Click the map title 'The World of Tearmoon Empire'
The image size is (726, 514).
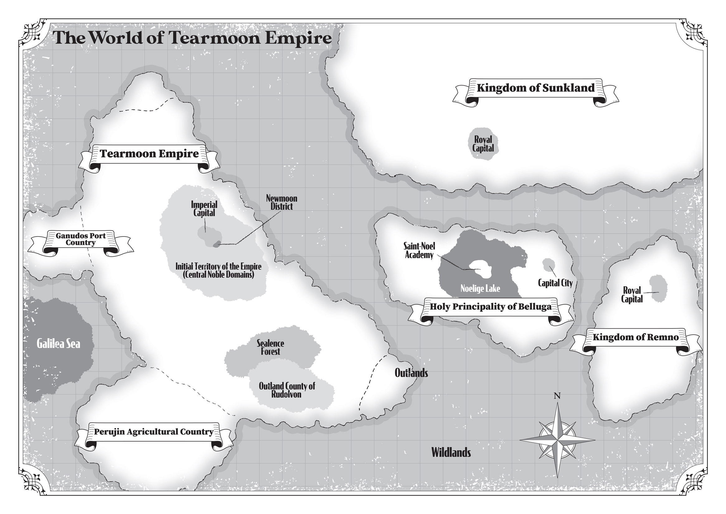pyautogui.click(x=192, y=38)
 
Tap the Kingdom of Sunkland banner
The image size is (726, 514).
pyautogui.click(x=535, y=88)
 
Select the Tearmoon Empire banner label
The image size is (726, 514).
pyautogui.click(x=149, y=154)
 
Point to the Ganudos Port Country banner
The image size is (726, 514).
pyautogui.click(x=81, y=239)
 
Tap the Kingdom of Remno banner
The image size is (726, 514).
pyautogui.click(x=635, y=337)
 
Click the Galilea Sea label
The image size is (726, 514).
pyautogui.click(x=59, y=344)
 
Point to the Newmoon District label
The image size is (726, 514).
pyautogui.click(x=281, y=202)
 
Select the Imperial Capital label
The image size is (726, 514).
pyautogui.click(x=204, y=209)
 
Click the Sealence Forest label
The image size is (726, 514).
pyautogui.click(x=270, y=347)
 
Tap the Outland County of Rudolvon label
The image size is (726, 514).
pyautogui.click(x=287, y=390)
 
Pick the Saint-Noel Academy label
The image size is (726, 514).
pyautogui.click(x=419, y=250)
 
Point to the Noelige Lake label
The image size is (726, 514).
pyautogui.click(x=480, y=288)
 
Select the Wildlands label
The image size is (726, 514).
pyautogui.click(x=451, y=453)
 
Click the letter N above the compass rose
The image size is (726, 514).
pyautogui.click(x=557, y=396)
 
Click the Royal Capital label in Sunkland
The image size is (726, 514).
pyautogui.click(x=483, y=144)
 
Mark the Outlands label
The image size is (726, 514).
pyautogui.click(x=411, y=373)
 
